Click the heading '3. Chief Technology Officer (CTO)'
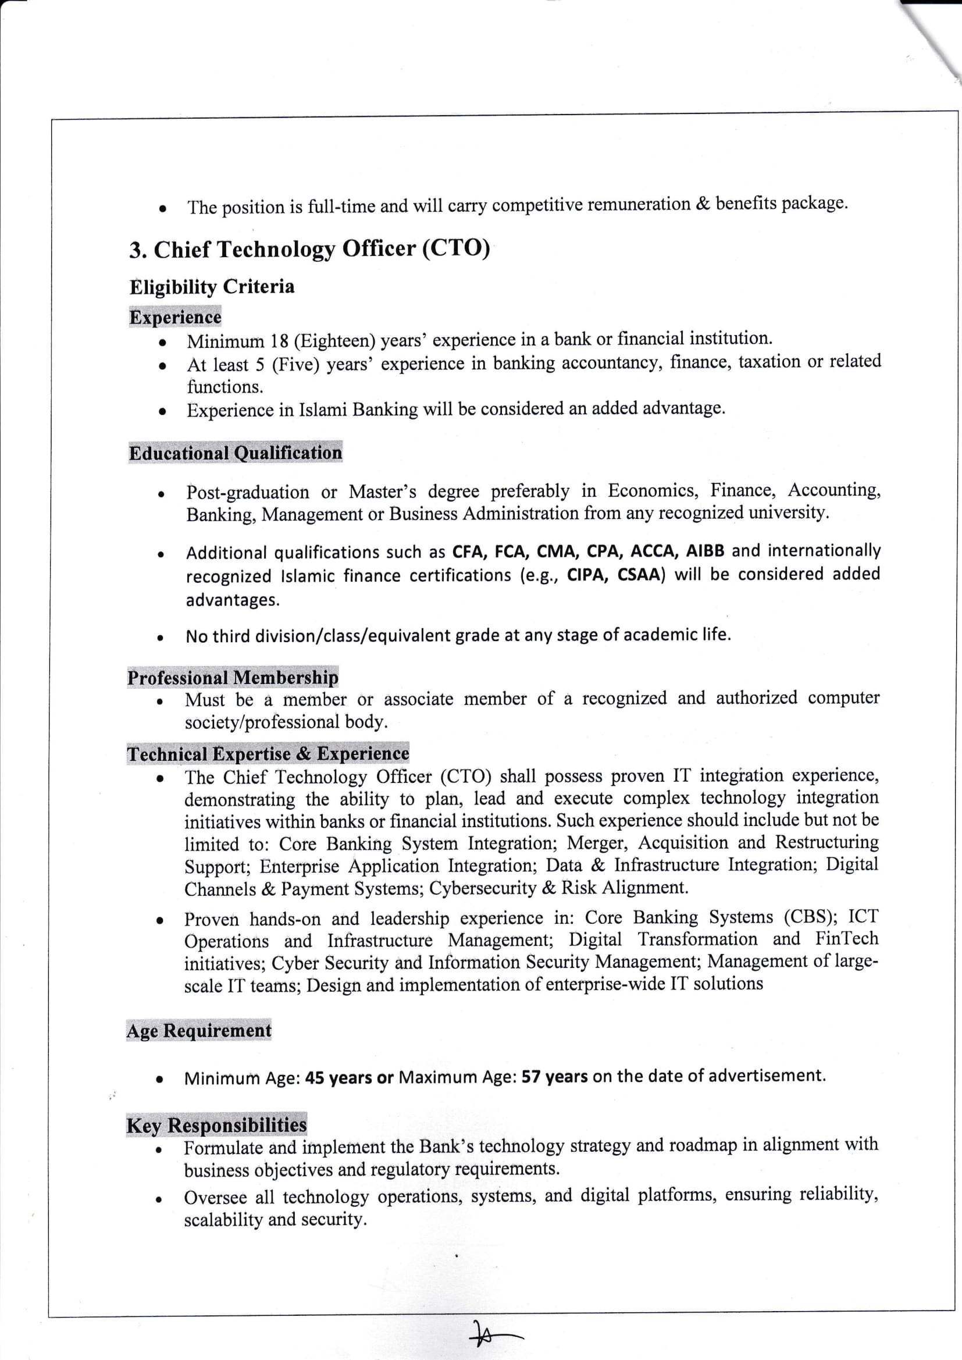point(310,249)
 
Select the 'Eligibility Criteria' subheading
point(212,287)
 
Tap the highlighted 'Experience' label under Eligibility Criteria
point(175,317)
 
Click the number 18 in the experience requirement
point(279,341)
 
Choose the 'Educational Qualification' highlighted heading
point(235,453)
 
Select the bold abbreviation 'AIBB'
point(705,551)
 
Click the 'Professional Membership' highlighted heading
point(233,677)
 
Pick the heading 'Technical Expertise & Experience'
point(268,753)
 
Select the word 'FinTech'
point(846,939)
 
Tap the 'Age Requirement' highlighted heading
point(199,1031)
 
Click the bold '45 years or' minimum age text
point(350,1077)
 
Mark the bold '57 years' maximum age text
point(554,1076)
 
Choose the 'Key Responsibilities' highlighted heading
point(216,1125)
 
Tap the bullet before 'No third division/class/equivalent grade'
point(160,639)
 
